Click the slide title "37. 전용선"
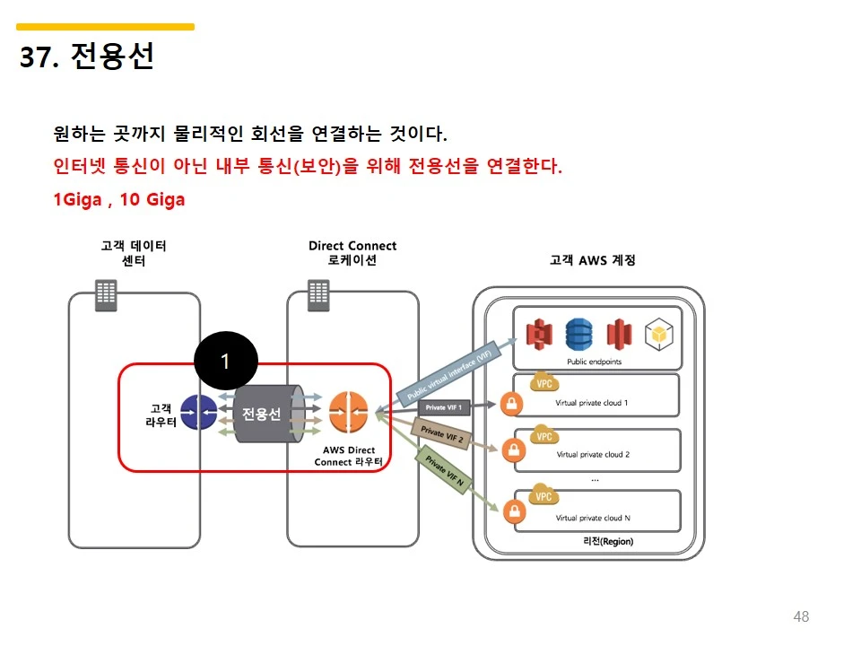tap(87, 57)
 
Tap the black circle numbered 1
tap(226, 361)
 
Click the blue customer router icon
tap(198, 414)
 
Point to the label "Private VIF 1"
tap(444, 407)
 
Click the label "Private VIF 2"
tap(442, 434)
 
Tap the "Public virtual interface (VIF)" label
tap(450, 372)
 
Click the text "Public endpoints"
tap(594, 362)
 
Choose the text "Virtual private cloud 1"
tap(591, 403)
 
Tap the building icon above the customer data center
tap(106, 294)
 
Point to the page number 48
tap(801, 616)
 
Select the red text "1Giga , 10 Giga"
tap(119, 199)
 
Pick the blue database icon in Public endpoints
tap(579, 335)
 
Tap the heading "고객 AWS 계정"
tap(592, 260)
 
